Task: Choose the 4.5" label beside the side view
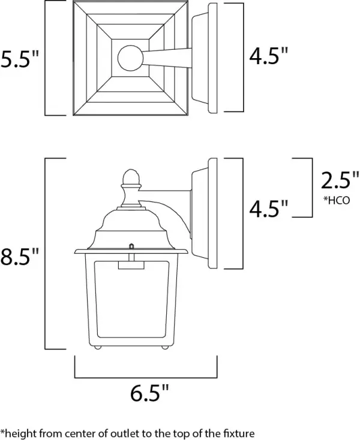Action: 268,207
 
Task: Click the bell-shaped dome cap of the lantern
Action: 129,225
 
